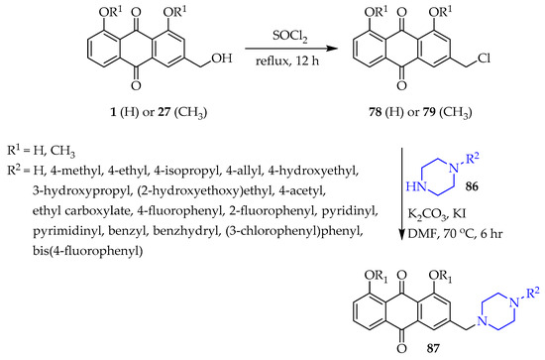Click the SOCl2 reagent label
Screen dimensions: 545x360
(x=290, y=37)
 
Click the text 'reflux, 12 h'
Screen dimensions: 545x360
(x=287, y=60)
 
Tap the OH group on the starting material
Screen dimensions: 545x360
(x=222, y=59)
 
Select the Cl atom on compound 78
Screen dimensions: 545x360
(x=485, y=59)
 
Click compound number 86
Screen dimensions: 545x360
(x=472, y=186)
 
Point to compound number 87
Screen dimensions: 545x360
(x=433, y=348)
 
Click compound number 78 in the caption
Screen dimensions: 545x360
(x=376, y=112)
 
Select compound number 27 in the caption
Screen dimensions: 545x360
(x=164, y=112)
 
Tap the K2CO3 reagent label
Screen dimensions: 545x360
(x=427, y=214)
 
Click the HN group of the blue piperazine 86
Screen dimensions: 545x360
(x=416, y=186)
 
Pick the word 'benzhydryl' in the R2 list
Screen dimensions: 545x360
(x=185, y=231)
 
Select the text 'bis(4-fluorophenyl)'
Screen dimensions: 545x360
(x=87, y=251)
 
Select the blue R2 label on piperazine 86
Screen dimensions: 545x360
(x=472, y=159)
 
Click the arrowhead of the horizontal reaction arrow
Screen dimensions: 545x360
(x=333, y=48)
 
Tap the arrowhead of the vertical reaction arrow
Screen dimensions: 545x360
(x=402, y=235)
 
